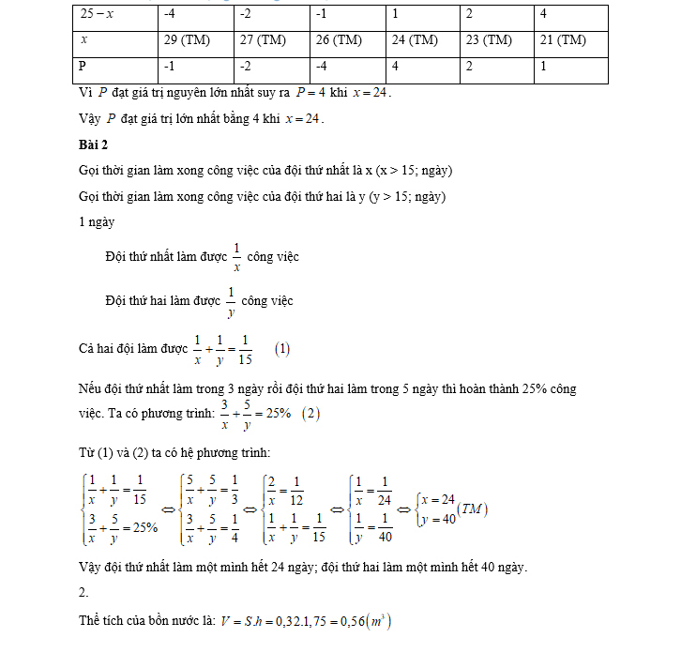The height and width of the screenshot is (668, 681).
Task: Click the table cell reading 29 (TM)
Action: [x=185, y=40]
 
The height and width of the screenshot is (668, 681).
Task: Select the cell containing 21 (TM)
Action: [x=563, y=40]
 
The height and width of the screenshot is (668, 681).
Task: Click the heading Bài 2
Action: [x=94, y=144]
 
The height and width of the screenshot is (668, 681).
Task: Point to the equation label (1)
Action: [x=282, y=349]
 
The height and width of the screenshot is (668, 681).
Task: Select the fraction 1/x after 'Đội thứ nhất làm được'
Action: [x=236, y=256]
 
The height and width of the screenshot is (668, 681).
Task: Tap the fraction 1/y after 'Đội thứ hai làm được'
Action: [x=230, y=302]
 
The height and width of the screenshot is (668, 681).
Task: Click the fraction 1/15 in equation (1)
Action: [x=246, y=349]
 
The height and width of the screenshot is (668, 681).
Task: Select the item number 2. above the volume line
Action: [x=83, y=593]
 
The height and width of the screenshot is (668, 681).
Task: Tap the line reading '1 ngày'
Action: [x=98, y=222]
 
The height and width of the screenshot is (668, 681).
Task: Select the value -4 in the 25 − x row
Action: [x=170, y=14]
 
